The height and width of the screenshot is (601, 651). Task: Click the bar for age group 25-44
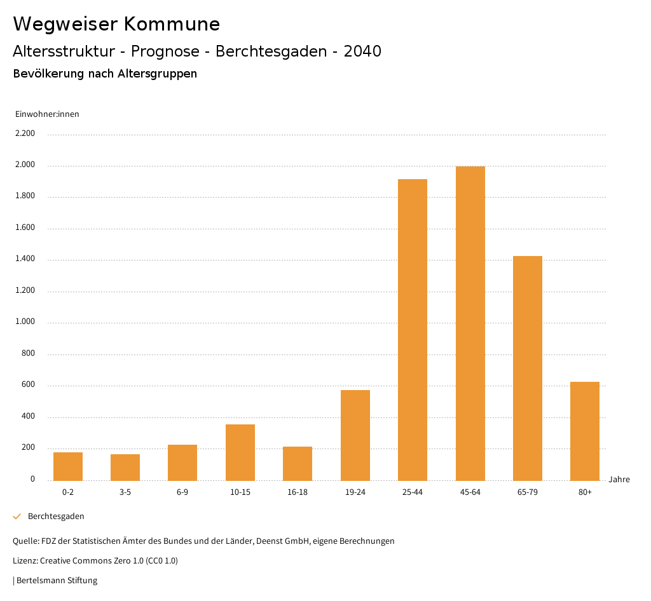[413, 330]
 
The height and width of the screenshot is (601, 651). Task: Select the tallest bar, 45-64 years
[470, 323]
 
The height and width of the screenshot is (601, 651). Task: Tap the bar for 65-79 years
[528, 368]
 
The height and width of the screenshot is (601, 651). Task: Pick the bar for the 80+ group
[585, 431]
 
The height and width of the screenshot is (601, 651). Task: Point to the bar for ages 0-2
[68, 466]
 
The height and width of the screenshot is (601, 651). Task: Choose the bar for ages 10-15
[240, 452]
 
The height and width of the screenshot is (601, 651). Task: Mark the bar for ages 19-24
[355, 435]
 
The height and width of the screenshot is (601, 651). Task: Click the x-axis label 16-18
[298, 492]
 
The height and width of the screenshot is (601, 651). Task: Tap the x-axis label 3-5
[125, 492]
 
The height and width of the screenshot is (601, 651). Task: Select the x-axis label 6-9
[182, 492]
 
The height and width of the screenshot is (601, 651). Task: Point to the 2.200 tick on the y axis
[25, 133]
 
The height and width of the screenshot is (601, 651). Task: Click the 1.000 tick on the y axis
[25, 322]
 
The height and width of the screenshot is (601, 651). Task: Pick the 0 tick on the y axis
[32, 479]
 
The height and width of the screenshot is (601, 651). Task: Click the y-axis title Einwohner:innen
[47, 114]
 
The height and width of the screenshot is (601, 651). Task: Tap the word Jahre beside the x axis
[619, 480]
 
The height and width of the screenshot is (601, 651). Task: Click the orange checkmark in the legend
[17, 517]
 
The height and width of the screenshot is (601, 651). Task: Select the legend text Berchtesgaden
[56, 517]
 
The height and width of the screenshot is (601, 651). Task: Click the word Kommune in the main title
[172, 24]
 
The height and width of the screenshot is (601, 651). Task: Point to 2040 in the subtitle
[362, 51]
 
